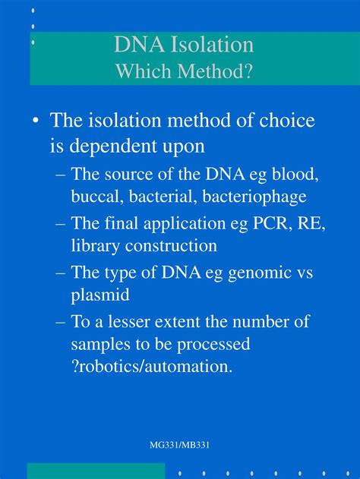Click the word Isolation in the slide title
point(212,44)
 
